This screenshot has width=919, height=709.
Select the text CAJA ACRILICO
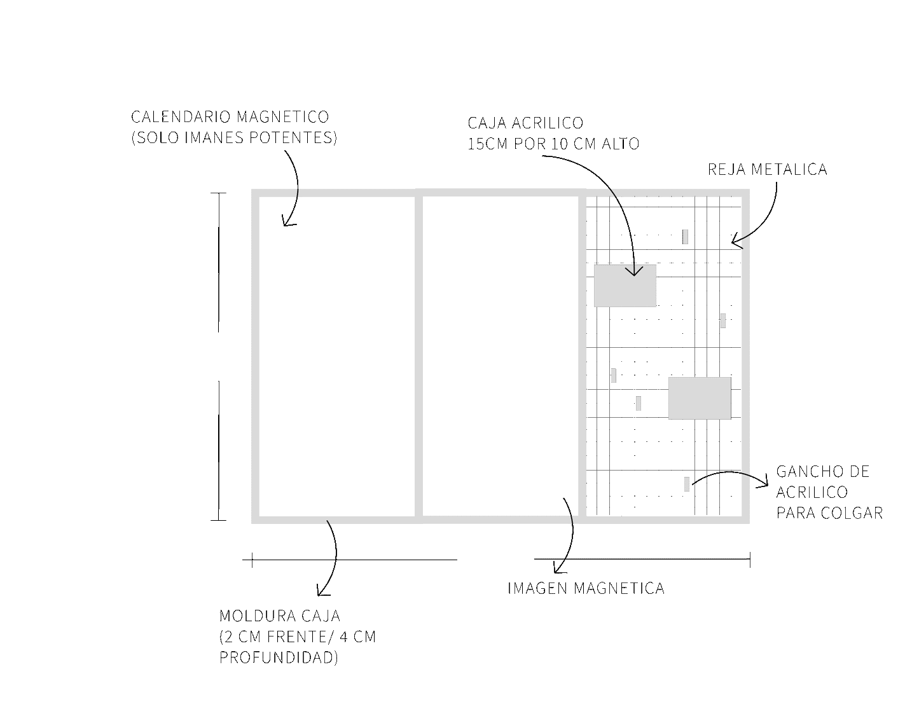click(x=525, y=123)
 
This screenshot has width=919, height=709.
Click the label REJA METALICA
click(x=767, y=170)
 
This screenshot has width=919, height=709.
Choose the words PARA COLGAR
click(x=829, y=513)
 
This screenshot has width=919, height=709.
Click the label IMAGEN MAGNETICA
click(x=586, y=589)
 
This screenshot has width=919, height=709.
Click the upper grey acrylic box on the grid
click(x=625, y=286)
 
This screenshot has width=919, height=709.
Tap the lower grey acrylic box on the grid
click(x=700, y=398)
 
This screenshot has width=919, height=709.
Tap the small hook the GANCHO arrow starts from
click(x=687, y=484)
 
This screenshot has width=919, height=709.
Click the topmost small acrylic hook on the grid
click(x=685, y=237)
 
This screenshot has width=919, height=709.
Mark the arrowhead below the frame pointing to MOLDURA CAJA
click(x=322, y=591)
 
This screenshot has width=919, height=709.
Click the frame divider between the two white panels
click(x=418, y=356)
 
